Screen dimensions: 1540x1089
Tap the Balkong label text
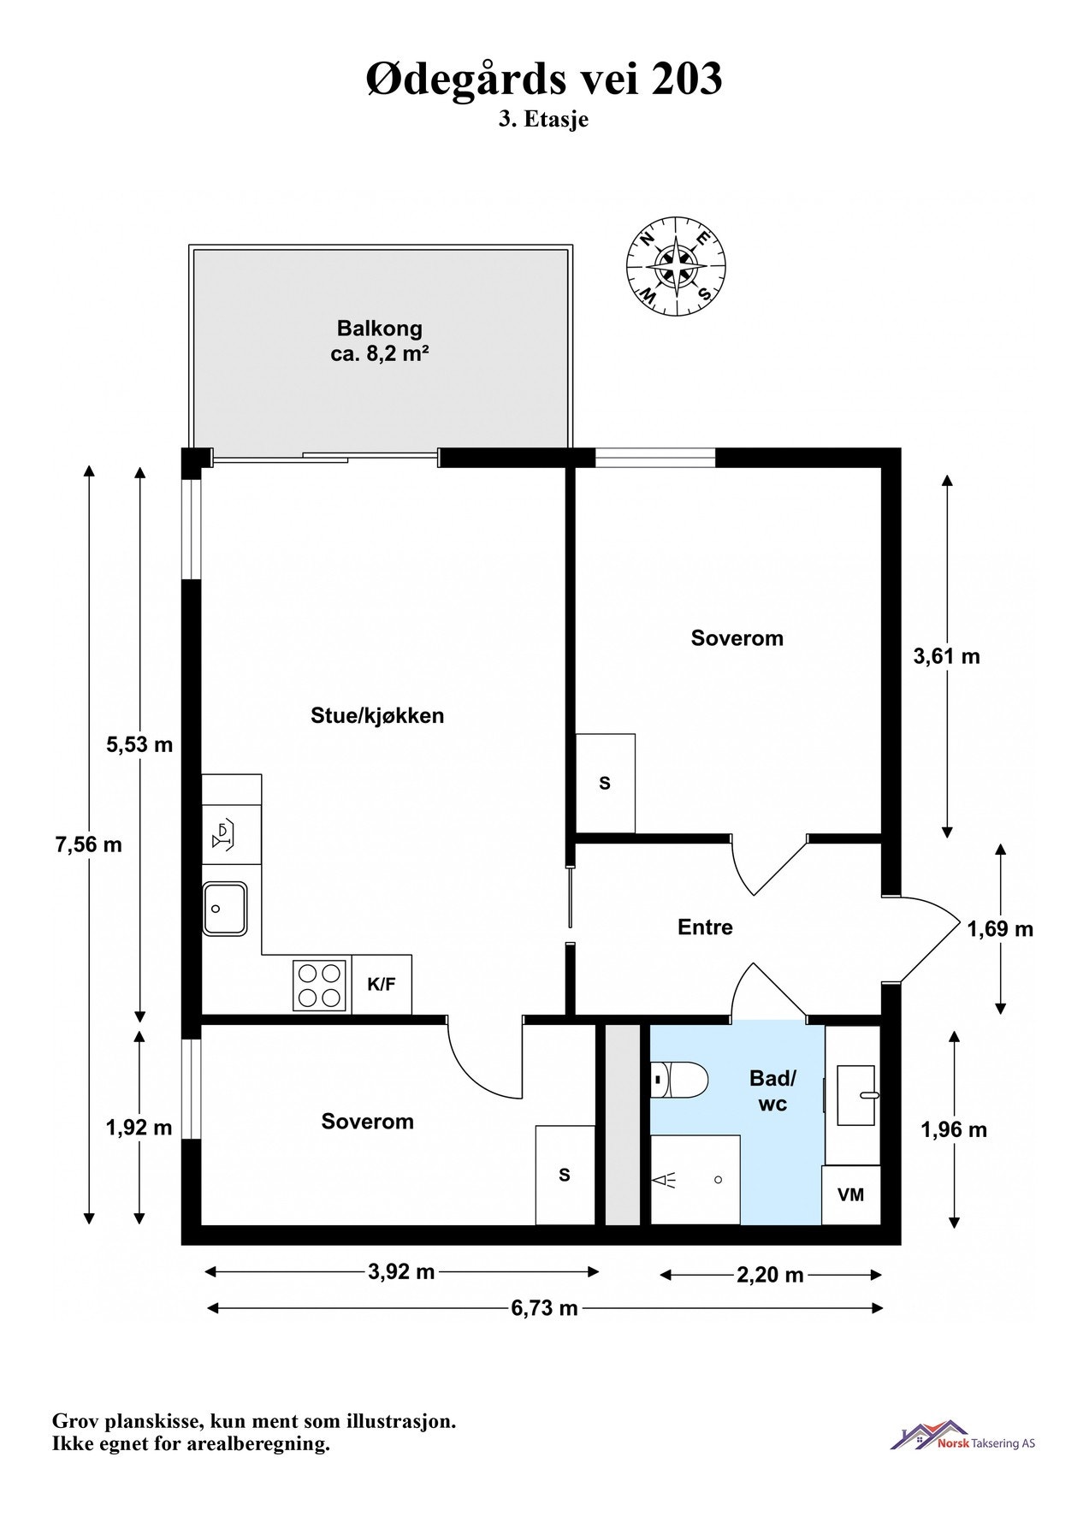(x=379, y=329)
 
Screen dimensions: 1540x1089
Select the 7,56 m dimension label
(x=88, y=845)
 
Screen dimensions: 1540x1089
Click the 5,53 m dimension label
(x=139, y=744)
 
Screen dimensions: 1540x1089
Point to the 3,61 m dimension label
(x=946, y=656)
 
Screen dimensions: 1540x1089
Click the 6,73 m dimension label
(x=544, y=1307)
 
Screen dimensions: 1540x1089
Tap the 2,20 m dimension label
(x=770, y=1275)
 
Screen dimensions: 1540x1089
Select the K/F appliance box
(x=382, y=984)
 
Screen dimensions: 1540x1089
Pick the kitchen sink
(x=225, y=908)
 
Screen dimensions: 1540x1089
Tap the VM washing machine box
(x=850, y=1194)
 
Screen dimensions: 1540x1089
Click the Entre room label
(x=705, y=927)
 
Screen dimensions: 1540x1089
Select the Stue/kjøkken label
(x=377, y=715)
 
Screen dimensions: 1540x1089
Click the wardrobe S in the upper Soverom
(x=605, y=783)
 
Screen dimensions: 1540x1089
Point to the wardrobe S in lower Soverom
(x=565, y=1175)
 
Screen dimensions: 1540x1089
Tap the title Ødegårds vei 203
(x=544, y=79)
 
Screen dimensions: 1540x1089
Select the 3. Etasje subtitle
(x=544, y=120)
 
